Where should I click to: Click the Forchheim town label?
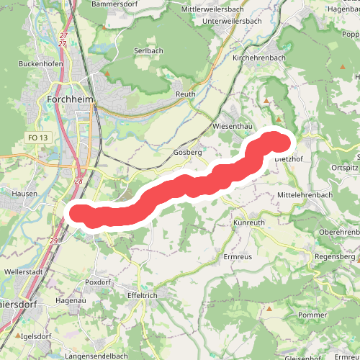point(71,99)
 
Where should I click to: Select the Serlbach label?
point(150,51)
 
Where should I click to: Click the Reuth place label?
point(186,94)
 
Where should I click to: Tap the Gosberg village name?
point(187,153)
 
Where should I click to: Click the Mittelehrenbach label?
point(305,195)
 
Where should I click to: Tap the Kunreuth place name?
point(250,223)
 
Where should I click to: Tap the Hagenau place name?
point(70,300)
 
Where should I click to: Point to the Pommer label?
point(312,315)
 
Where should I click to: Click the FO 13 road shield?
point(37,138)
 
